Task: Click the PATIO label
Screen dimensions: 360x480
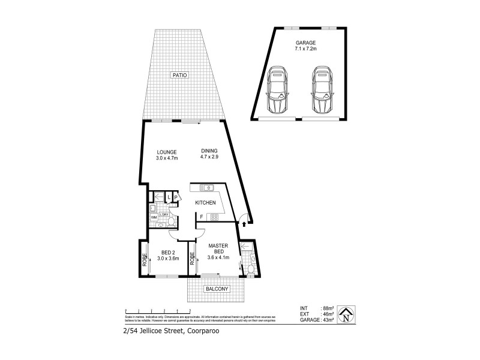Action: click(179, 76)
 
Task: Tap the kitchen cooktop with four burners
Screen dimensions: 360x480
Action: click(214, 218)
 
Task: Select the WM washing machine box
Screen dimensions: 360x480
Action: click(154, 218)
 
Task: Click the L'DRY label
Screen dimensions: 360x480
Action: click(164, 214)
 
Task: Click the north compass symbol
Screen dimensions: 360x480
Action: click(346, 314)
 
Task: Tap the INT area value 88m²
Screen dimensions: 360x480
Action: click(329, 308)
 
